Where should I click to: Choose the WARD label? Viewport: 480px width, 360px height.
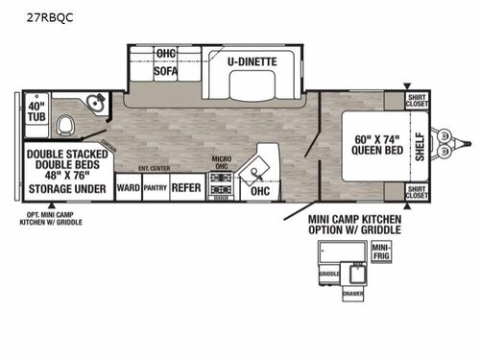coord(127,188)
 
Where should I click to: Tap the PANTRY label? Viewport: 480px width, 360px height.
coord(155,188)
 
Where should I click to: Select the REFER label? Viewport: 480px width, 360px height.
coord(186,188)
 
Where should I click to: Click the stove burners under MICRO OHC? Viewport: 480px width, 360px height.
coord(220,187)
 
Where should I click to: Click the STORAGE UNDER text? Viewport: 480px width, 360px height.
coord(65,189)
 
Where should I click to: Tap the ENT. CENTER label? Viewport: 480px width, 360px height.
coord(154,168)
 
